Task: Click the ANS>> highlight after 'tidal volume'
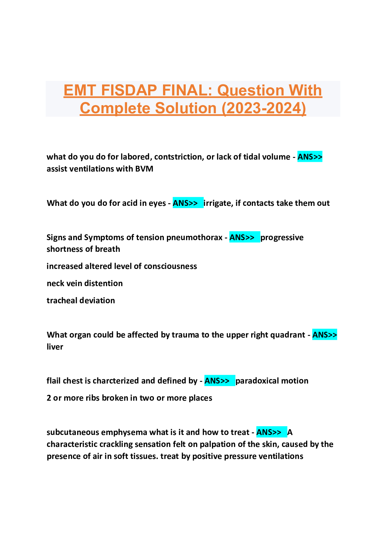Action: point(310,157)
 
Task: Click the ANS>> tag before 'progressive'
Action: point(245,237)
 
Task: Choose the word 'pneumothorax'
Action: point(194,238)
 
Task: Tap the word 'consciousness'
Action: point(170,266)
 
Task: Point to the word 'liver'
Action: point(55,347)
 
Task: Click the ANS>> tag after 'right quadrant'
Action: point(325,335)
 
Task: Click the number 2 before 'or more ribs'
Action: point(49,398)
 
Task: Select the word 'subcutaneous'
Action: point(73,432)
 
